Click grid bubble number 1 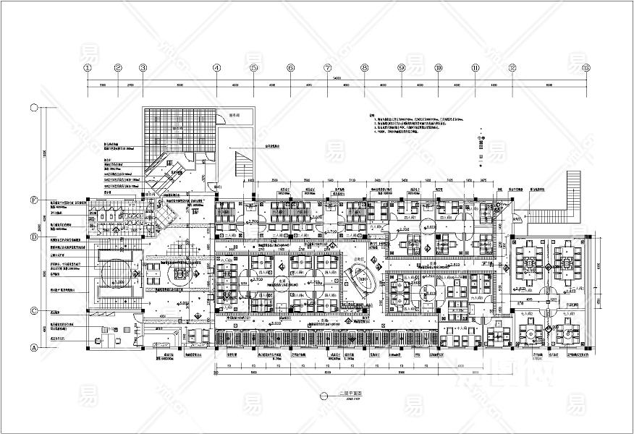tap(88, 68)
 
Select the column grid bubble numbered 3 tap(143, 68)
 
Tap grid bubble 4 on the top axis tap(216, 68)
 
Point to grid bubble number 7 tap(328, 68)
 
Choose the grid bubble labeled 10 tap(439, 68)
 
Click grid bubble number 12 tap(512, 68)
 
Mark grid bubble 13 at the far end tap(586, 68)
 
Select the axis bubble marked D tap(33, 237)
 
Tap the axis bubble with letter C tap(33, 311)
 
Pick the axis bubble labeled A tap(33, 347)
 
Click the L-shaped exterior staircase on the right tap(557, 199)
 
